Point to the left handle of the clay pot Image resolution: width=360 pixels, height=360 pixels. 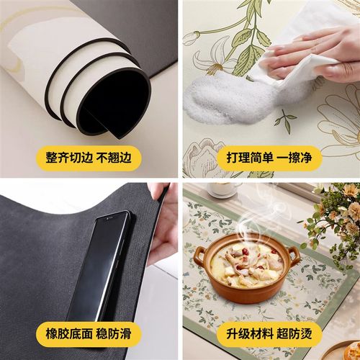(x=198, y=255)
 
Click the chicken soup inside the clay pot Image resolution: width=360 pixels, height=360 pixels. (x=245, y=259)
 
